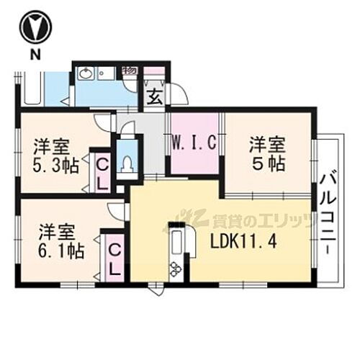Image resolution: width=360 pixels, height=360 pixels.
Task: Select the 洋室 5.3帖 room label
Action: click(53, 153)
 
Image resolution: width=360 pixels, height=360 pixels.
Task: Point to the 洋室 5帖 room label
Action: click(266, 153)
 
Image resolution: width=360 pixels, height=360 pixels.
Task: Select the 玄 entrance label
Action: click(154, 96)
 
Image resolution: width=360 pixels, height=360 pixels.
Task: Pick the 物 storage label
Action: click(130, 71)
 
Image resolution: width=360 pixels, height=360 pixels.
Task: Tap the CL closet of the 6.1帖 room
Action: click(114, 259)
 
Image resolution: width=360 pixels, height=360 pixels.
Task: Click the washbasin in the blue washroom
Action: click(86, 73)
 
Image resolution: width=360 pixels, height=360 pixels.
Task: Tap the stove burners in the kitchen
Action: click(175, 269)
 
